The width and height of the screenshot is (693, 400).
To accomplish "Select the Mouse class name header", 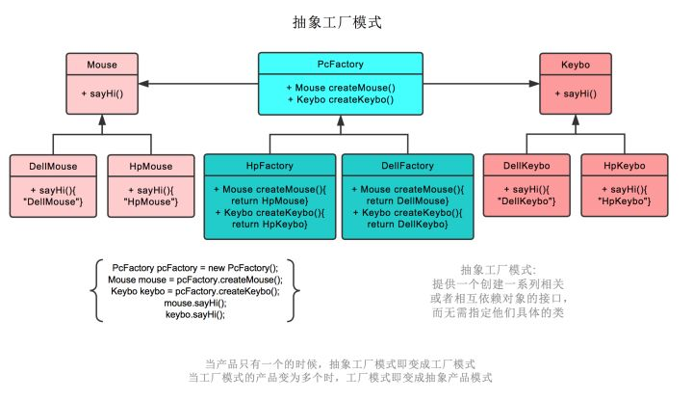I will pyautogui.click(x=101, y=65).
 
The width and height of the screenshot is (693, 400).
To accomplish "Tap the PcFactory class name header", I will pyautogui.click(x=341, y=65).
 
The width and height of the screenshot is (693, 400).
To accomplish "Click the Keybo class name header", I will pyautogui.click(x=575, y=65).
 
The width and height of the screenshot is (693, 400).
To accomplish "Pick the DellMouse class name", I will pyautogui.click(x=53, y=166).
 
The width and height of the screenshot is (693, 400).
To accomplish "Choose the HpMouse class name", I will pyautogui.click(x=150, y=166).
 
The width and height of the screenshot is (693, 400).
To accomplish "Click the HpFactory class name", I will pyautogui.click(x=269, y=166).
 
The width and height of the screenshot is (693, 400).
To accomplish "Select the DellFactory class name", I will pyautogui.click(x=409, y=166).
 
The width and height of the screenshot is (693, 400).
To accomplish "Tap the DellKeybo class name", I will pyautogui.click(x=526, y=166).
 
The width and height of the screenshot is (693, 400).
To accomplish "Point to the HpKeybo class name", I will pyautogui.click(x=624, y=166).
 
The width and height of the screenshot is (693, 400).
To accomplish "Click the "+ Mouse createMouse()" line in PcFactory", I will pyautogui.click(x=341, y=88).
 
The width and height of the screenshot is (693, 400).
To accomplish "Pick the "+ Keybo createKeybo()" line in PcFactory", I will pyautogui.click(x=341, y=100).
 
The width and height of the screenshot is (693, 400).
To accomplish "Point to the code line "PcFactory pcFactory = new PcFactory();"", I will pyautogui.click(x=195, y=267).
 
